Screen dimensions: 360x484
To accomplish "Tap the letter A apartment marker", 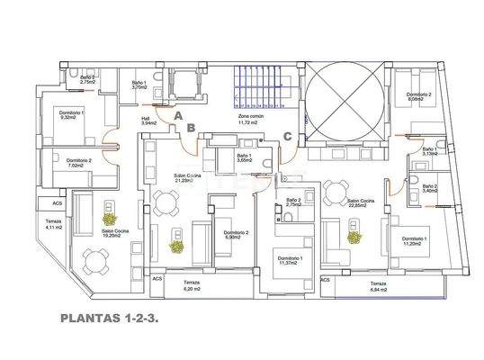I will (x=178, y=116).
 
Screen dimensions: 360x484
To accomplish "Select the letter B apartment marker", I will (x=193, y=128).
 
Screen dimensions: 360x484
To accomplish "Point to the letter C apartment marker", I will (x=287, y=136).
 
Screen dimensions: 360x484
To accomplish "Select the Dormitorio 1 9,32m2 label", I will (x=71, y=114).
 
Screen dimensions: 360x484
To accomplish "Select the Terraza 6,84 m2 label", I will (x=377, y=288).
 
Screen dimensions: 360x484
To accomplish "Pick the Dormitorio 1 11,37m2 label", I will (x=291, y=261).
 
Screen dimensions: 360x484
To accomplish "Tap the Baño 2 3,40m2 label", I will (x=429, y=188).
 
